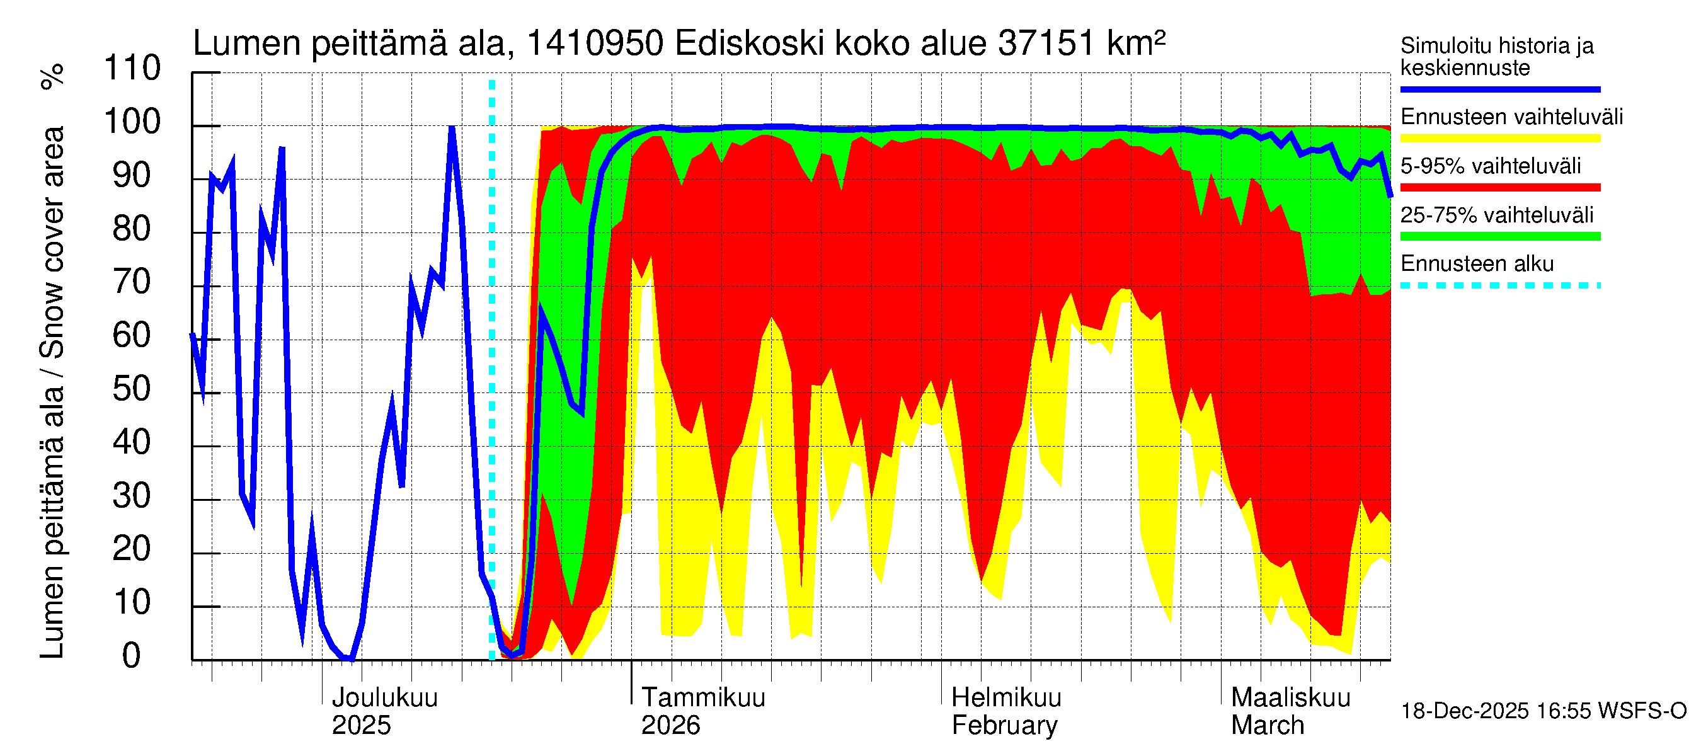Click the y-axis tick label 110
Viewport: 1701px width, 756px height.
132,69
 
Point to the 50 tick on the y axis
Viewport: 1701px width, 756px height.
132,389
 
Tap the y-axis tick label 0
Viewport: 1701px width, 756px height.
132,656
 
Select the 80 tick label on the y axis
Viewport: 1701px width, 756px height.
132,229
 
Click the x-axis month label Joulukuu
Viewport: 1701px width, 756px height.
384,698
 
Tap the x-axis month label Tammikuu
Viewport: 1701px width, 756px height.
703,698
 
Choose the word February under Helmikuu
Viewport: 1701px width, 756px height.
1004,726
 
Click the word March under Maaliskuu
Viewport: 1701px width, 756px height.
1267,726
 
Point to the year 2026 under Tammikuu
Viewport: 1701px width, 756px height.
670,726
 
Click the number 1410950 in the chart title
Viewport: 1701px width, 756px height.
594,44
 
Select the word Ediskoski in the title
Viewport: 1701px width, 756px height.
750,44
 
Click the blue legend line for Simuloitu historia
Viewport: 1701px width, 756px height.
1500,89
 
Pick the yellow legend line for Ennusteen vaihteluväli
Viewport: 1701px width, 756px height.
1500,139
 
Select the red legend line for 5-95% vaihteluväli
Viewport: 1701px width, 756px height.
1500,188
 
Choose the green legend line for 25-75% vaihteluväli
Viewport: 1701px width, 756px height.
1500,236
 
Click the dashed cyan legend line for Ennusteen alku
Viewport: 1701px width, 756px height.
1500,286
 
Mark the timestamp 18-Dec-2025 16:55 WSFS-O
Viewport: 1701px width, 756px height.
1543,711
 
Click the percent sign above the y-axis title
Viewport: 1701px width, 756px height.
53,76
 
